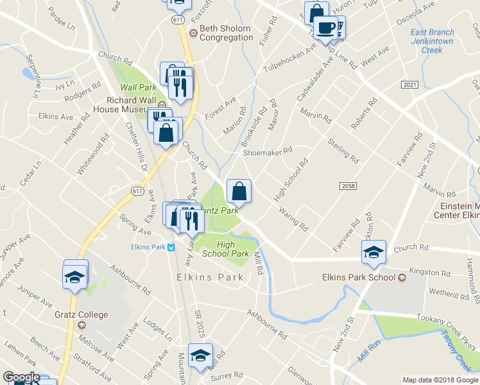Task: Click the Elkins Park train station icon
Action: click(x=171, y=247)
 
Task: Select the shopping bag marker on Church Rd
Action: click(x=239, y=191)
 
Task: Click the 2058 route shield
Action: click(x=347, y=185)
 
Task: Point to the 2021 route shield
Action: click(x=409, y=85)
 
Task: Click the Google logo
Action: click(x=21, y=377)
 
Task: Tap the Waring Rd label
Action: click(x=293, y=218)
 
